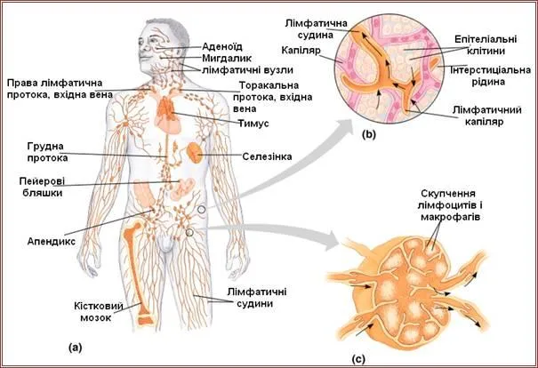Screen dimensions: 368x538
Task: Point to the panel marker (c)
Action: [357, 359]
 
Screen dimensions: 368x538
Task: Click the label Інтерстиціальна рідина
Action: [490, 76]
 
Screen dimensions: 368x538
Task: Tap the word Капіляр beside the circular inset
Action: [308, 52]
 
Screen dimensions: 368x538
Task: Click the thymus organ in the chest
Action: [166, 111]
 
